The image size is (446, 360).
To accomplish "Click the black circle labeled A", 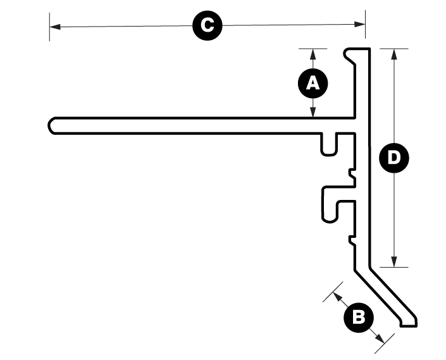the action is pos(313,84).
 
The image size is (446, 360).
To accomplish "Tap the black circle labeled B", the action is pos(359,318).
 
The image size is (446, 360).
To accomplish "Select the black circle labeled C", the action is pos(208,25).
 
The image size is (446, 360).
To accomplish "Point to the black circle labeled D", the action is pos(394,158).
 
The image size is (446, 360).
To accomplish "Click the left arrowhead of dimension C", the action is pos(55,27).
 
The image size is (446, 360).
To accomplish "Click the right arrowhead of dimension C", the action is pos(359,24).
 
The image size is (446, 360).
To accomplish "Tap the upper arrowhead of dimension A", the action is pos(313,54).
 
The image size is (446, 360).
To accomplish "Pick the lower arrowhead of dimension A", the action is pos(313,112).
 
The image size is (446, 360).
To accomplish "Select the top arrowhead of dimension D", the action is pos(394,54).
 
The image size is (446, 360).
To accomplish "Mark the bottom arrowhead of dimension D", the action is pos(394,261).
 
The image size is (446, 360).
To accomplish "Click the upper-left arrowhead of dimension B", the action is pos(337,296).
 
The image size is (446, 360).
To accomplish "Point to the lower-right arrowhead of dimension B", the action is pos(380,338).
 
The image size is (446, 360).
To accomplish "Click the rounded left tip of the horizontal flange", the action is pos(50,125).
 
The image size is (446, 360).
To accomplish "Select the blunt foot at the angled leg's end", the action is pos(409,321).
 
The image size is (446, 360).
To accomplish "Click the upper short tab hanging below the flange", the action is pos(328,144).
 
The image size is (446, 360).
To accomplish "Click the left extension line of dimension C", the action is pos(49,27).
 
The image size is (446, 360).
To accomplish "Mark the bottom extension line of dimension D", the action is pos(394,267).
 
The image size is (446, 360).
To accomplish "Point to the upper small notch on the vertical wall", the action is pos(352,174).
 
